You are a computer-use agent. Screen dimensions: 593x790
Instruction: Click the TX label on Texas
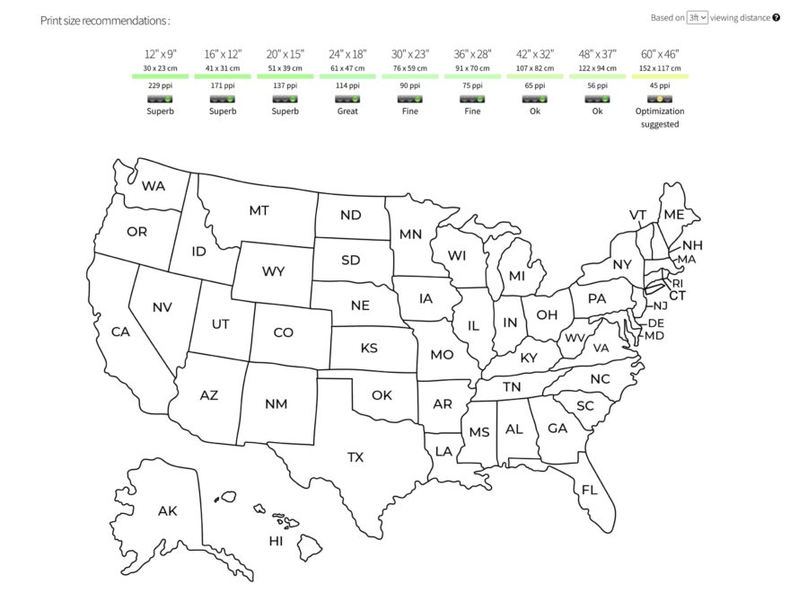355,457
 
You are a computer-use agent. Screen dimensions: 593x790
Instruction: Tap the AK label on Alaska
167,511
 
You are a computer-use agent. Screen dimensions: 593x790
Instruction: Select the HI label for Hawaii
276,541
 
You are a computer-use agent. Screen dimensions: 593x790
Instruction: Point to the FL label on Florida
589,490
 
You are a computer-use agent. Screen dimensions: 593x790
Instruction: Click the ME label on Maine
673,215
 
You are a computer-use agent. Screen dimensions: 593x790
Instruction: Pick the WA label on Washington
154,186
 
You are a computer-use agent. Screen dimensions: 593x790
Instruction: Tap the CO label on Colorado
283,332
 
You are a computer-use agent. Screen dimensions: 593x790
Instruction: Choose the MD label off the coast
654,336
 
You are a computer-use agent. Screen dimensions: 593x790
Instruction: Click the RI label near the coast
678,283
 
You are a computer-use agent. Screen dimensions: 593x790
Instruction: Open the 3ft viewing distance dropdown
698,17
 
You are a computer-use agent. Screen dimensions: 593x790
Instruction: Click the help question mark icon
776,17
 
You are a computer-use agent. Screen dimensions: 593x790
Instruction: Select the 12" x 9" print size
160,54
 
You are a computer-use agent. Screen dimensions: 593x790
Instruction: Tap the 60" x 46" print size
660,54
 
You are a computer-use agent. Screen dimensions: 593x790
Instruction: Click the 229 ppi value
160,85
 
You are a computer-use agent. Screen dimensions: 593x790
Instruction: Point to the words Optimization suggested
660,118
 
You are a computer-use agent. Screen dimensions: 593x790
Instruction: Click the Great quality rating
347,111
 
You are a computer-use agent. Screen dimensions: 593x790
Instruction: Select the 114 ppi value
347,85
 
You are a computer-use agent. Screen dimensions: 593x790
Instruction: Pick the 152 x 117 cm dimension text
660,67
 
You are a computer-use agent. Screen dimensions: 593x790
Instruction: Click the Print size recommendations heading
105,20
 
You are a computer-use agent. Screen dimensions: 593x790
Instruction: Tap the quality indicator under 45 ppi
660,98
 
